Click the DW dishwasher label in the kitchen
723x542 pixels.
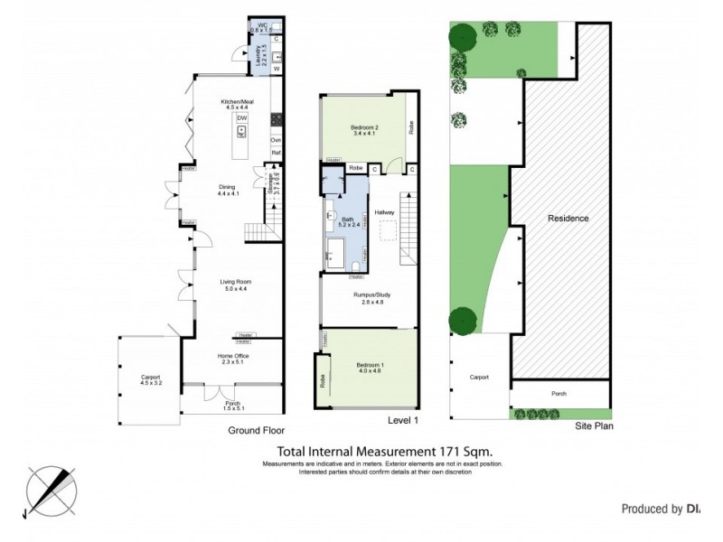tap(241, 118)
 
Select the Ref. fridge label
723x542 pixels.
tap(277, 154)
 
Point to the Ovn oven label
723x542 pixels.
tap(277, 140)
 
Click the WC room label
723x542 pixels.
tap(263, 24)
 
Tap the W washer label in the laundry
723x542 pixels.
tap(277, 69)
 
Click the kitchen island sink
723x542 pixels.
tap(241, 132)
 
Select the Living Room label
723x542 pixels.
tap(234, 283)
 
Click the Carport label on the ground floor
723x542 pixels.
tap(150, 377)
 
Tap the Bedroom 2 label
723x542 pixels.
tap(364, 128)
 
